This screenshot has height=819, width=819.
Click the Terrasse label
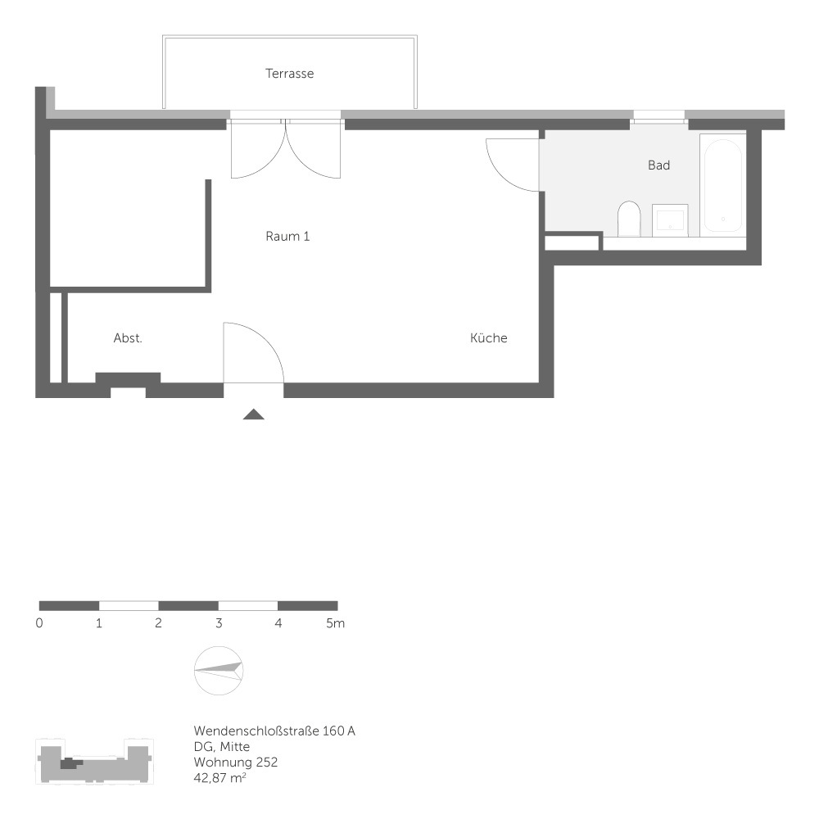(289, 74)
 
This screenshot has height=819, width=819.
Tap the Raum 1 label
(287, 237)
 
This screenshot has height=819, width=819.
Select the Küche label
(488, 338)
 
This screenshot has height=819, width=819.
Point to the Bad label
(658, 165)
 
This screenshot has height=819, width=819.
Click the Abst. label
(128, 338)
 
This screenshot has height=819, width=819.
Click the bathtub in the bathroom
(722, 187)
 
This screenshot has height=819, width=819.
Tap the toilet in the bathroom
(629, 218)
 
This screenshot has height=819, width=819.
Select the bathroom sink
(670, 219)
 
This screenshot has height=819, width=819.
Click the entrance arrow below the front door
(254, 414)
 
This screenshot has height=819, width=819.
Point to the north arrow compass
(219, 671)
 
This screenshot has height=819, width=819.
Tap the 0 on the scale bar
(39, 623)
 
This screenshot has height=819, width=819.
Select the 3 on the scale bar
(219, 623)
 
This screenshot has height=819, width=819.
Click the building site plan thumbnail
(95, 762)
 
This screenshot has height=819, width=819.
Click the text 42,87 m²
(220, 777)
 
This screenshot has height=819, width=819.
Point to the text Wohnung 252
(236, 762)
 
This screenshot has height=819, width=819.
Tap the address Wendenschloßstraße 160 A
(274, 731)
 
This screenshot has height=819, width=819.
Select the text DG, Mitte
(222, 746)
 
